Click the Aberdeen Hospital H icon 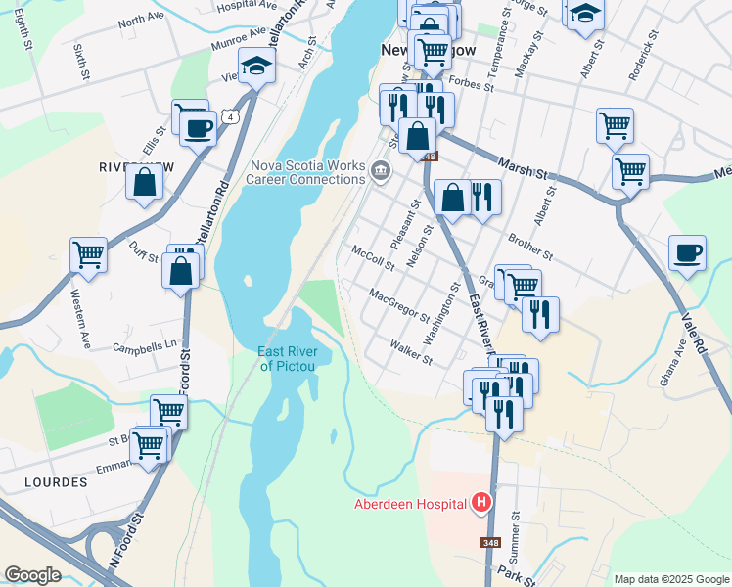(480, 504)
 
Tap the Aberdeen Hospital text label (411, 505)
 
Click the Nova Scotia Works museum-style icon (381, 173)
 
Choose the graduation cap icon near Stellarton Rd (256, 66)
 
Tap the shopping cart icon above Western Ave (88, 254)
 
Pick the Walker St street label (411, 352)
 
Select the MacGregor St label (398, 304)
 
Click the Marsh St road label (522, 167)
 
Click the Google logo (32, 575)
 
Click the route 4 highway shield (229, 116)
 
